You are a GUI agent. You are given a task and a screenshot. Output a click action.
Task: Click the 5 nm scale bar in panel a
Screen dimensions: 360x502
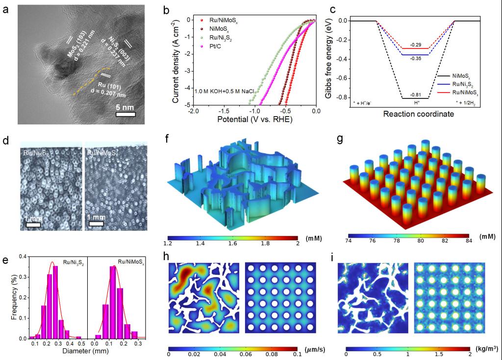[125, 115]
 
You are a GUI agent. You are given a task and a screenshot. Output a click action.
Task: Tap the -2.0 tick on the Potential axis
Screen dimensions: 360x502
[193, 112]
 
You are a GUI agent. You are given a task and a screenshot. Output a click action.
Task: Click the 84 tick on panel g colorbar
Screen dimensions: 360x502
[467, 241]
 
